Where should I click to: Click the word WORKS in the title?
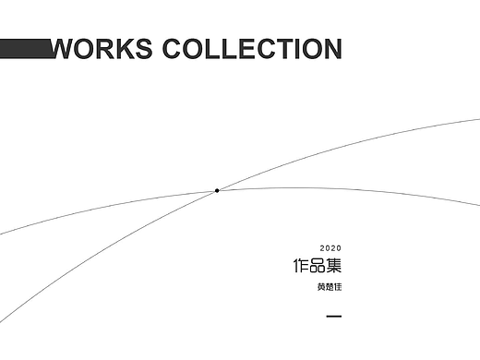103,48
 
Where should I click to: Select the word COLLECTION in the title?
252,48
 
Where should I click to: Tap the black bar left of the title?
26,49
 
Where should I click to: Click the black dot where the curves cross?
217,190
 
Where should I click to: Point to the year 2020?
330,249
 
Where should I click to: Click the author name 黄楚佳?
330,288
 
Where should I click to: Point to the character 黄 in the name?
321,288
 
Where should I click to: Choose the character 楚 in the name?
330,288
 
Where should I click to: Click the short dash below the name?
335,318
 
